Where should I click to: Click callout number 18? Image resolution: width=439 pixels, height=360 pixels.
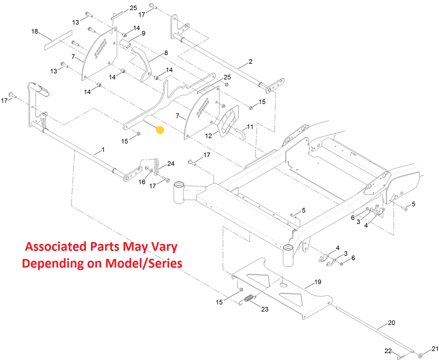(x=35, y=31)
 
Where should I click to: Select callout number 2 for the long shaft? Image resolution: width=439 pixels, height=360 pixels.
(x=250, y=61)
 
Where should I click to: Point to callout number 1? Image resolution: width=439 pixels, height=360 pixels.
(x=102, y=150)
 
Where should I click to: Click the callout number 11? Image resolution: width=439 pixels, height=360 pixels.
(x=250, y=126)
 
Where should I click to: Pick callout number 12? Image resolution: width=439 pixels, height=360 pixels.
(x=209, y=135)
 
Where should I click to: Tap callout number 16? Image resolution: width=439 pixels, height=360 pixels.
(x=142, y=182)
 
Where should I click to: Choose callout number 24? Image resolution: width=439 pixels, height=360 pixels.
(x=171, y=163)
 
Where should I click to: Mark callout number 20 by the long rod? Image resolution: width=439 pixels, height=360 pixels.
(x=391, y=322)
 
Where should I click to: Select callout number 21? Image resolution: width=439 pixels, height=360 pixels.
(x=435, y=348)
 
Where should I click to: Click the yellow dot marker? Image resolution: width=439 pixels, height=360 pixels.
(x=160, y=130)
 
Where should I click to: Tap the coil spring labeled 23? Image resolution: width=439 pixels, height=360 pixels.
(x=249, y=299)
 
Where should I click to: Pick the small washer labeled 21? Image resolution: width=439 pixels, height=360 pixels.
(x=420, y=355)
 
